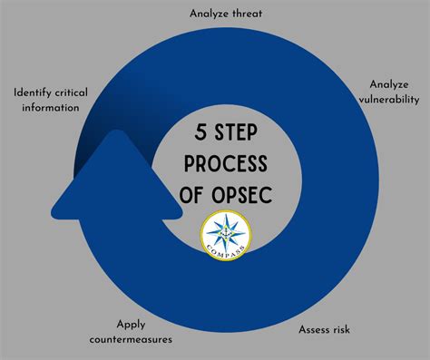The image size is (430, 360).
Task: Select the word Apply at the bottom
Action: pos(132,324)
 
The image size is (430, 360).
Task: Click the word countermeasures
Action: pos(132,339)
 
